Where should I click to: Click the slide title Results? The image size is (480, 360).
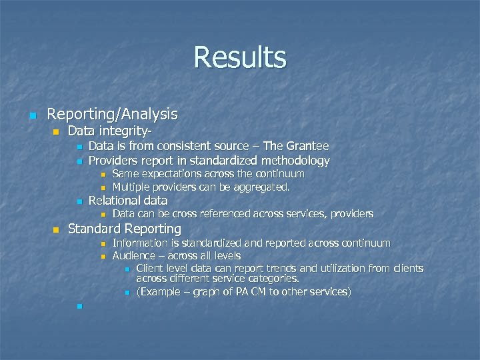tap(240, 57)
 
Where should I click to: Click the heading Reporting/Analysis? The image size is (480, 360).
tap(113, 115)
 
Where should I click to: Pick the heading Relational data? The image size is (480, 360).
tap(128, 201)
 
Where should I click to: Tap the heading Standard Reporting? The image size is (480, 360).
tap(125, 229)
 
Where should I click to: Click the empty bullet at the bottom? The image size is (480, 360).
tap(78, 307)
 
